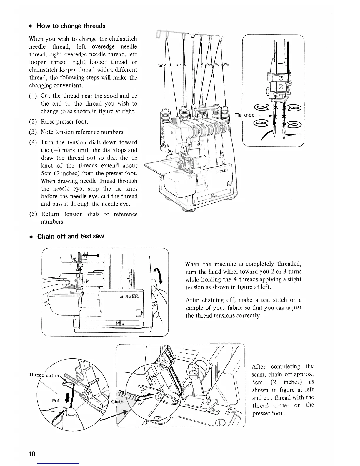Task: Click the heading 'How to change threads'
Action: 71,26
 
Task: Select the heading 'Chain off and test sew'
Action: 71,236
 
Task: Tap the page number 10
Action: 32,454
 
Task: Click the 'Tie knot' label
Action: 244,115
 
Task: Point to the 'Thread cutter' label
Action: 44,375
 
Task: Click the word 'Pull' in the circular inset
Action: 56,400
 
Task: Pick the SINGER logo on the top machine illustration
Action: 224,171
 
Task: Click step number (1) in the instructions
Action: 33,96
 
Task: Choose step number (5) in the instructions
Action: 33,214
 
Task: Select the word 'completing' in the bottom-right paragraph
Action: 285,367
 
